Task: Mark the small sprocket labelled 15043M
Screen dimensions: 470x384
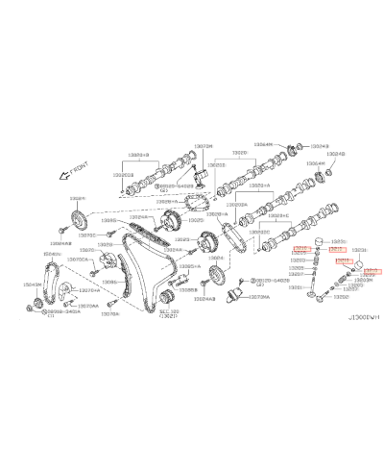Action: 34,307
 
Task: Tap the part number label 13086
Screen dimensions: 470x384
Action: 110,283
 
